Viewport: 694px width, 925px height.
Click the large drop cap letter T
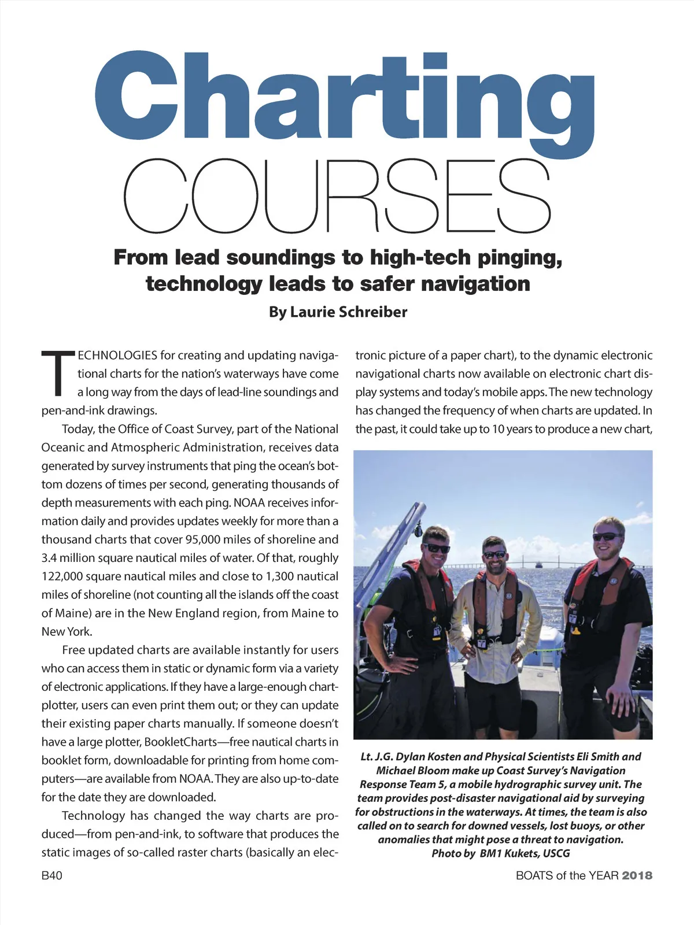coord(58,373)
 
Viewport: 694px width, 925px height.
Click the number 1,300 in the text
coord(286,576)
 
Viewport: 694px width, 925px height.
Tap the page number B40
coord(52,875)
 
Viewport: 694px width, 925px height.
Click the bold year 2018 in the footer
coord(637,875)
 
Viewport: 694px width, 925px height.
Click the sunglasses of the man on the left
coord(437,548)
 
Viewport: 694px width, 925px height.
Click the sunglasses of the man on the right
coord(606,536)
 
